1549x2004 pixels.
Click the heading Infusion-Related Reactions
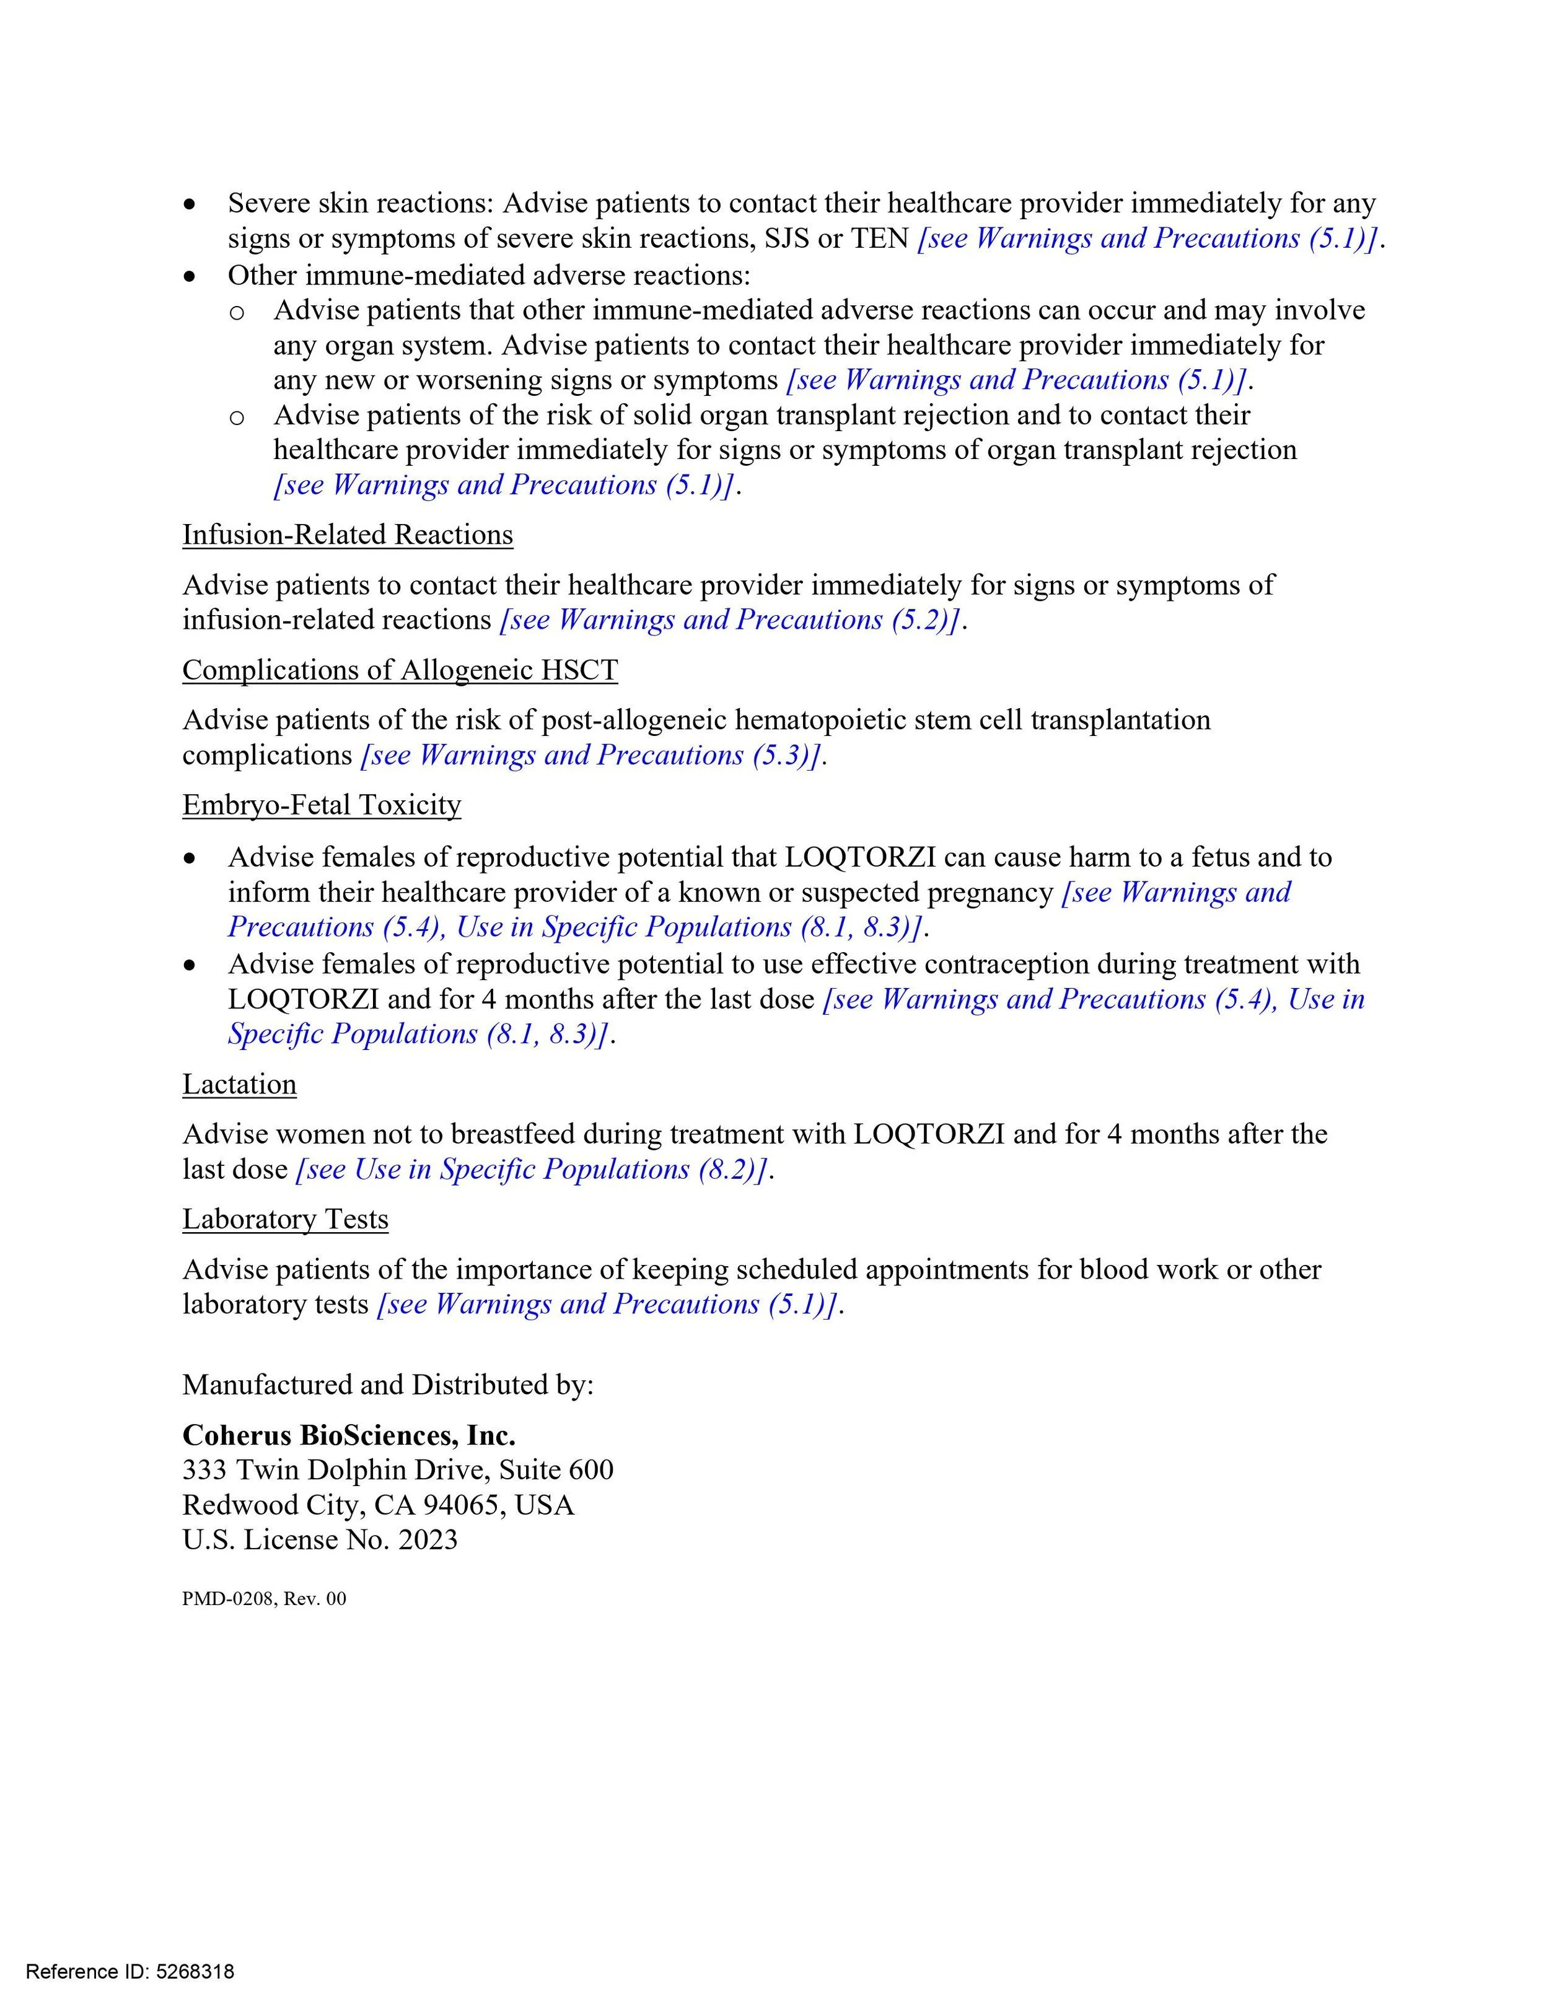click(x=347, y=535)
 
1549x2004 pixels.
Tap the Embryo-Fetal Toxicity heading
click(x=321, y=805)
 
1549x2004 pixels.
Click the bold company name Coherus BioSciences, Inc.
click(x=349, y=1435)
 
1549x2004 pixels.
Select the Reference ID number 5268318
click(x=195, y=1971)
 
